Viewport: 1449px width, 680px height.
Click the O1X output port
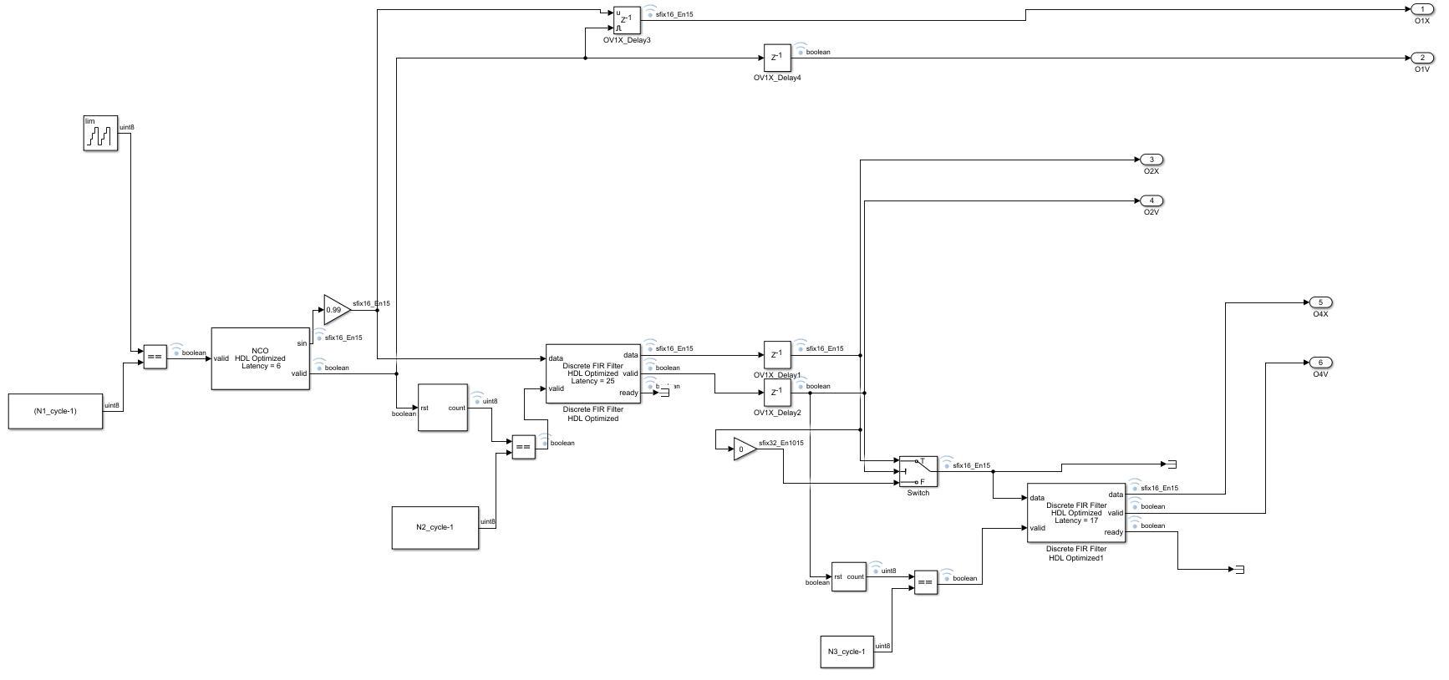tap(1421, 9)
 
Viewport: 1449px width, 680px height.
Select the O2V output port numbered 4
tap(1151, 200)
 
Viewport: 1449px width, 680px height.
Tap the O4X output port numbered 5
tap(1319, 302)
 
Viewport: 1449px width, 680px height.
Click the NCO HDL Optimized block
tap(260, 358)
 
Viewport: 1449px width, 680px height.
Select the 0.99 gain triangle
tap(334, 309)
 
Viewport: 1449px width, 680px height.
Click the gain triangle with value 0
tap(744, 449)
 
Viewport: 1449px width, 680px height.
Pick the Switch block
tap(918, 471)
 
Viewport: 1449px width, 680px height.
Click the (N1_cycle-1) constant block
tap(55, 411)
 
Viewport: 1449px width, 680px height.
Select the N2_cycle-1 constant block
tap(435, 527)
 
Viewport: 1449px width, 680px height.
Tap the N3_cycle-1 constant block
tap(847, 652)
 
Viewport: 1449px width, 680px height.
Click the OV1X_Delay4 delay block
tap(776, 58)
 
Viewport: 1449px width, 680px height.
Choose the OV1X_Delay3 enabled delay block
tap(626, 21)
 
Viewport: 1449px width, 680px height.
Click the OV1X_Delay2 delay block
tap(776, 393)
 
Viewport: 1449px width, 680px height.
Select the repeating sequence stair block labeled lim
tap(100, 134)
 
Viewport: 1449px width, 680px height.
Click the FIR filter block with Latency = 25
tap(592, 373)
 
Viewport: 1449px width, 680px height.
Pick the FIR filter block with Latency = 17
tap(1075, 512)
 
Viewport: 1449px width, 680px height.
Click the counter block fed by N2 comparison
tap(442, 408)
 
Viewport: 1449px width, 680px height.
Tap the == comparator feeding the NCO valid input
tap(155, 357)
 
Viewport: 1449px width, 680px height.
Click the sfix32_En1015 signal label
tap(781, 443)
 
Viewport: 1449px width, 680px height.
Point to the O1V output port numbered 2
tap(1421, 58)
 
